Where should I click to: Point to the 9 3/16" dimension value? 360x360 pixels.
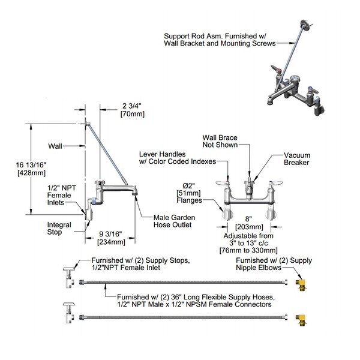pos(111,235)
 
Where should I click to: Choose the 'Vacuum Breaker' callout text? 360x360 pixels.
pos(298,158)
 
